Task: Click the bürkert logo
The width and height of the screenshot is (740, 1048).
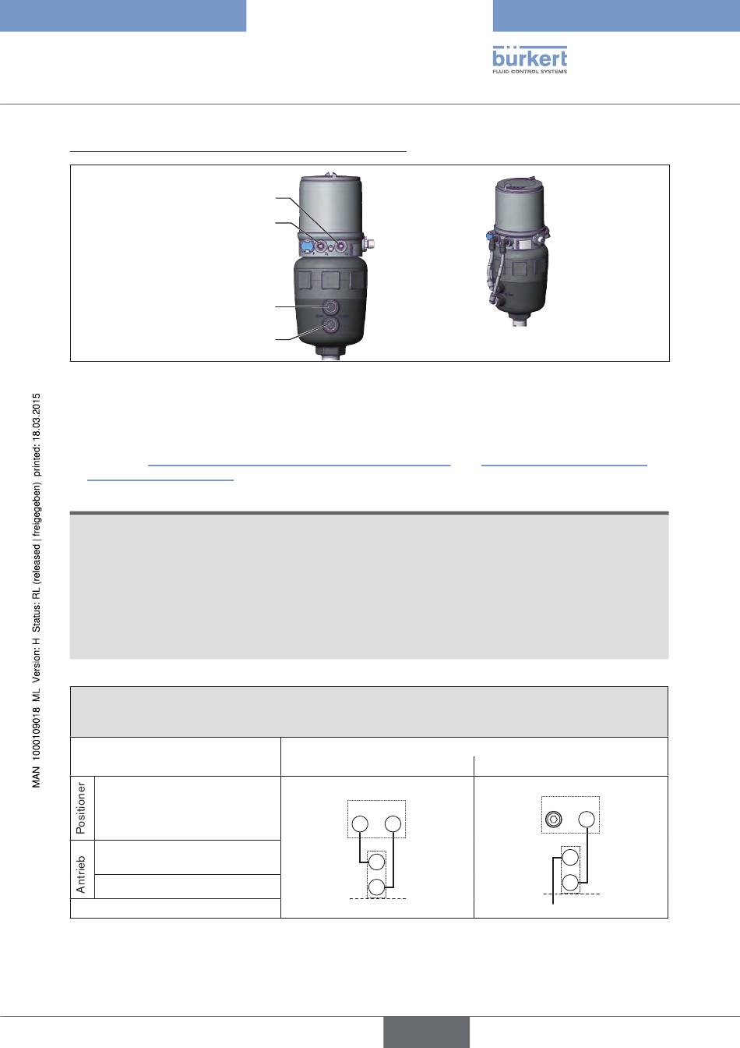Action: pyautogui.click(x=530, y=59)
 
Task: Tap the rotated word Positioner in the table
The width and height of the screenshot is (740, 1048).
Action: pyautogui.click(x=81, y=808)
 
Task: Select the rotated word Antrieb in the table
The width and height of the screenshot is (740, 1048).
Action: pyautogui.click(x=81, y=874)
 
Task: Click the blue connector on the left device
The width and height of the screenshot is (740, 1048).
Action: pyautogui.click(x=305, y=246)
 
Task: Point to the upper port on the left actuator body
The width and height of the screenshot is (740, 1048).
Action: pyautogui.click(x=331, y=306)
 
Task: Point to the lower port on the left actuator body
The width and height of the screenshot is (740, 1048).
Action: pyautogui.click(x=331, y=324)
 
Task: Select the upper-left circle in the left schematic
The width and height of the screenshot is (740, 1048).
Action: pyautogui.click(x=360, y=823)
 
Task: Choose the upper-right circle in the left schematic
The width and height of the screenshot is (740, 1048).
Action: pyautogui.click(x=393, y=823)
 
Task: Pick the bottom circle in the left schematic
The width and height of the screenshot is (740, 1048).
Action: pyautogui.click(x=376, y=887)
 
